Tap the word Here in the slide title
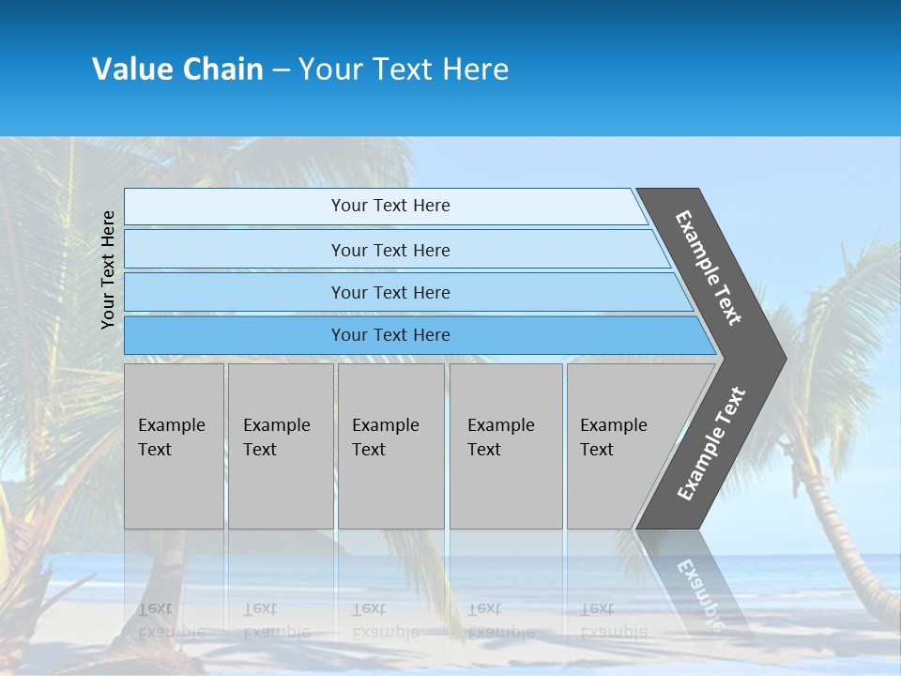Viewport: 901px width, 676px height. [475, 69]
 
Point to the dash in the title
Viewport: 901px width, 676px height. [281, 70]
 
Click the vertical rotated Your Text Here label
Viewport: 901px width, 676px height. [108, 269]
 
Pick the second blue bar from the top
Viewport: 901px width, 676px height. [390, 250]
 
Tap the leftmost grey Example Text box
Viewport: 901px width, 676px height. [174, 446]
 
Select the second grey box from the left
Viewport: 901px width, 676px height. [280, 446]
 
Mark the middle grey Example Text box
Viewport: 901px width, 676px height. [390, 446]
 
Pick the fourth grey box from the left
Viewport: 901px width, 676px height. [505, 446]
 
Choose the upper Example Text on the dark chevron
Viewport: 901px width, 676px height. [709, 268]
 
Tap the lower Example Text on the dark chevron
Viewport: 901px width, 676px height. [711, 443]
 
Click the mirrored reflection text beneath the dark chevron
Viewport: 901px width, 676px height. [699, 591]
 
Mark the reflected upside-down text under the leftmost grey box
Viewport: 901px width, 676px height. [171, 621]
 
